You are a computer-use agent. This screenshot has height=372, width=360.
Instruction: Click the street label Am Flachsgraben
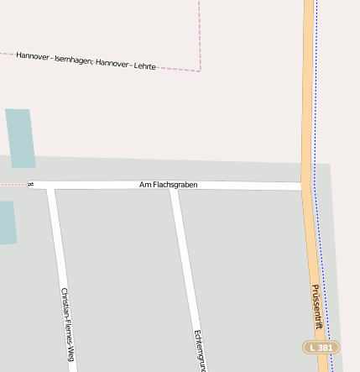[x=168, y=185]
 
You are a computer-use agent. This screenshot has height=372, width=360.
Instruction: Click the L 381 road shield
[x=321, y=347]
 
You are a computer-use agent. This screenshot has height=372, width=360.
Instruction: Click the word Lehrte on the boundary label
[x=144, y=65]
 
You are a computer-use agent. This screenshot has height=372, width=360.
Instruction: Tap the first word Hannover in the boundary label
[x=33, y=56]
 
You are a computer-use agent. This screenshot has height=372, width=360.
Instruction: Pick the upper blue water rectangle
[x=20, y=138]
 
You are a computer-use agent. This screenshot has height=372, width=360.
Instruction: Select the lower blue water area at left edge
[x=7, y=223]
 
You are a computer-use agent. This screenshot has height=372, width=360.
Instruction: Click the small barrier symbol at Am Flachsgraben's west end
[x=31, y=184]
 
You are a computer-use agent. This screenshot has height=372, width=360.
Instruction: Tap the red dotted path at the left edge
[x=13, y=184]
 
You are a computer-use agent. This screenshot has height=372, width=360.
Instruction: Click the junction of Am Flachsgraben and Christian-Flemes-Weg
[x=51, y=185]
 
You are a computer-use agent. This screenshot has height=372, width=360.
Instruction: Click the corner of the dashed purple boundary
[x=200, y=71]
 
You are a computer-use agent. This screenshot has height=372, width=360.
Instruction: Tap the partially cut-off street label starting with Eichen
[x=199, y=349]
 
